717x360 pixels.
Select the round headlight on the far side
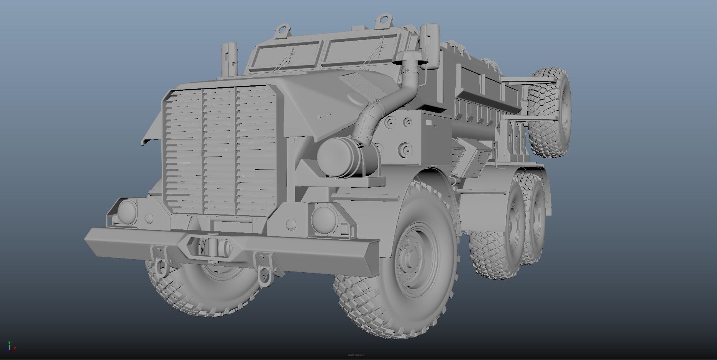click(127, 211)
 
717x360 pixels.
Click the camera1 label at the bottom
click(355, 354)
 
